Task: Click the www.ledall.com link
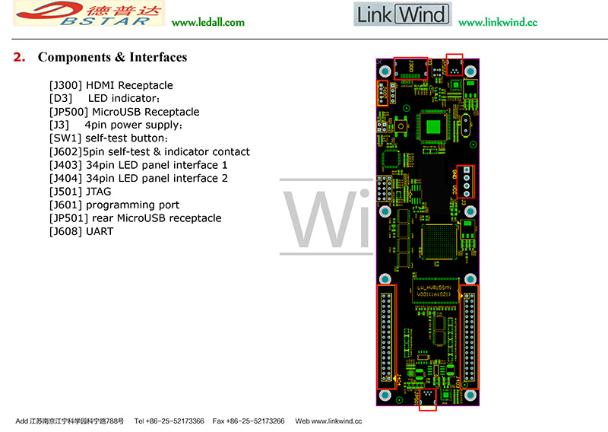[x=207, y=22]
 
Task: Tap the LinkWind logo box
[x=402, y=14]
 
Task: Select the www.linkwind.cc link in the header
[x=498, y=22]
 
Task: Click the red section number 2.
[x=20, y=58]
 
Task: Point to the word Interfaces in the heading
[x=158, y=58]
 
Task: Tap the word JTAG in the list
[x=98, y=192]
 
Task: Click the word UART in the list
[x=100, y=231]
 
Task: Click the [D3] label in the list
[x=61, y=99]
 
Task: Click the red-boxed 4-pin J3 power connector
[x=465, y=179]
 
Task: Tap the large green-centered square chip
[x=434, y=126]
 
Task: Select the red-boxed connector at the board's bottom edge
[x=428, y=399]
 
